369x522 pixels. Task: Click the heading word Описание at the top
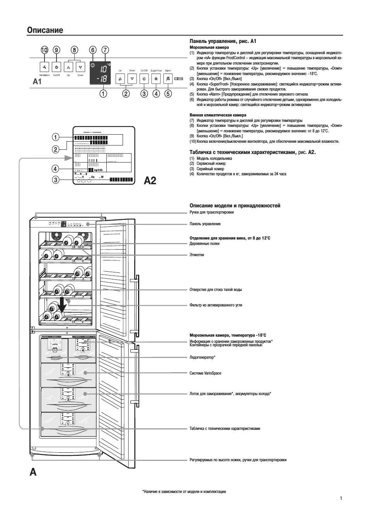point(45,30)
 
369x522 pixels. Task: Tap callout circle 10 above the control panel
point(44,50)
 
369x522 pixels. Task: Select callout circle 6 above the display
point(92,50)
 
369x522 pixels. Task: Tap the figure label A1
point(37,82)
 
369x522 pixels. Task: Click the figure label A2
point(150,180)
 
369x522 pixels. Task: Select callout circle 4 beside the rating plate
point(56,169)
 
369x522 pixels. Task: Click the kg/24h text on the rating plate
point(98,170)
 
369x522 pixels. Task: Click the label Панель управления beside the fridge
point(205,224)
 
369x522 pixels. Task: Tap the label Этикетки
point(197,255)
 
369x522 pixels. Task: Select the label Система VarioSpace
point(205,373)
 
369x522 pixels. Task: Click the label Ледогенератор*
point(202,358)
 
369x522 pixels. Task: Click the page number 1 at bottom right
point(341,498)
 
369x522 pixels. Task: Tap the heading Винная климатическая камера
point(218,115)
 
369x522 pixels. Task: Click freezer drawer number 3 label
point(68,375)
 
